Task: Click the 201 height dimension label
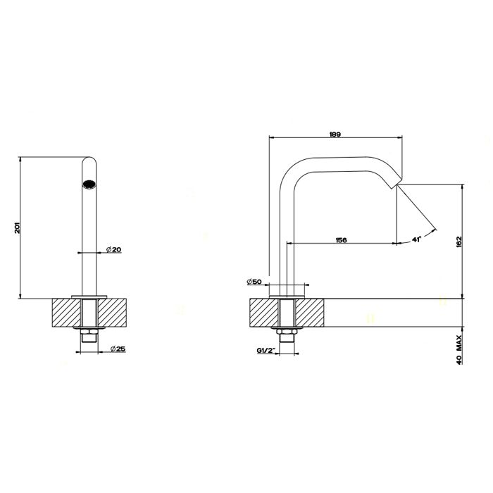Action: pyautogui.click(x=18, y=227)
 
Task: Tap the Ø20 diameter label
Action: pyautogui.click(x=113, y=249)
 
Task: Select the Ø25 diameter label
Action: pyautogui.click(x=118, y=349)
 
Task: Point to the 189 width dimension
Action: pyautogui.click(x=335, y=135)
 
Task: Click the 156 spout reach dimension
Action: pyautogui.click(x=341, y=240)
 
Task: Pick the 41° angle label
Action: pyautogui.click(x=416, y=239)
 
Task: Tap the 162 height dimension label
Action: pyautogui.click(x=458, y=242)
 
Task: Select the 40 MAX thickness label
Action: pyautogui.click(x=458, y=349)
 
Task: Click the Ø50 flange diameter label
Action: pyautogui.click(x=254, y=282)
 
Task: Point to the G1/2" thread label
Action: pyautogui.click(x=266, y=350)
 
